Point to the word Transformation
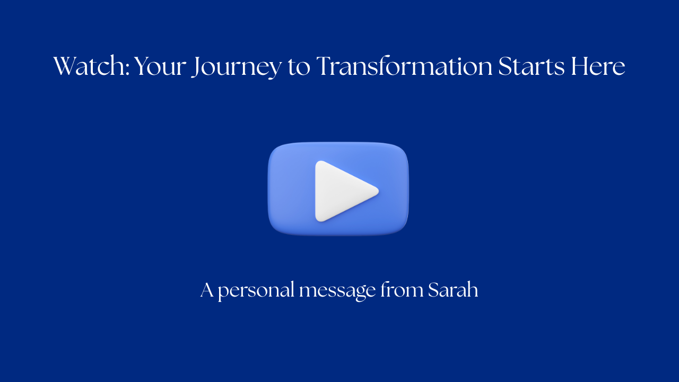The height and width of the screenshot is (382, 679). pos(404,67)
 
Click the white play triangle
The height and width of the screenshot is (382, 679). pos(342,190)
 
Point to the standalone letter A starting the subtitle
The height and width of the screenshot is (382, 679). pos(207,290)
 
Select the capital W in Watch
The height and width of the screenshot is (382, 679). pos(65,67)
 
